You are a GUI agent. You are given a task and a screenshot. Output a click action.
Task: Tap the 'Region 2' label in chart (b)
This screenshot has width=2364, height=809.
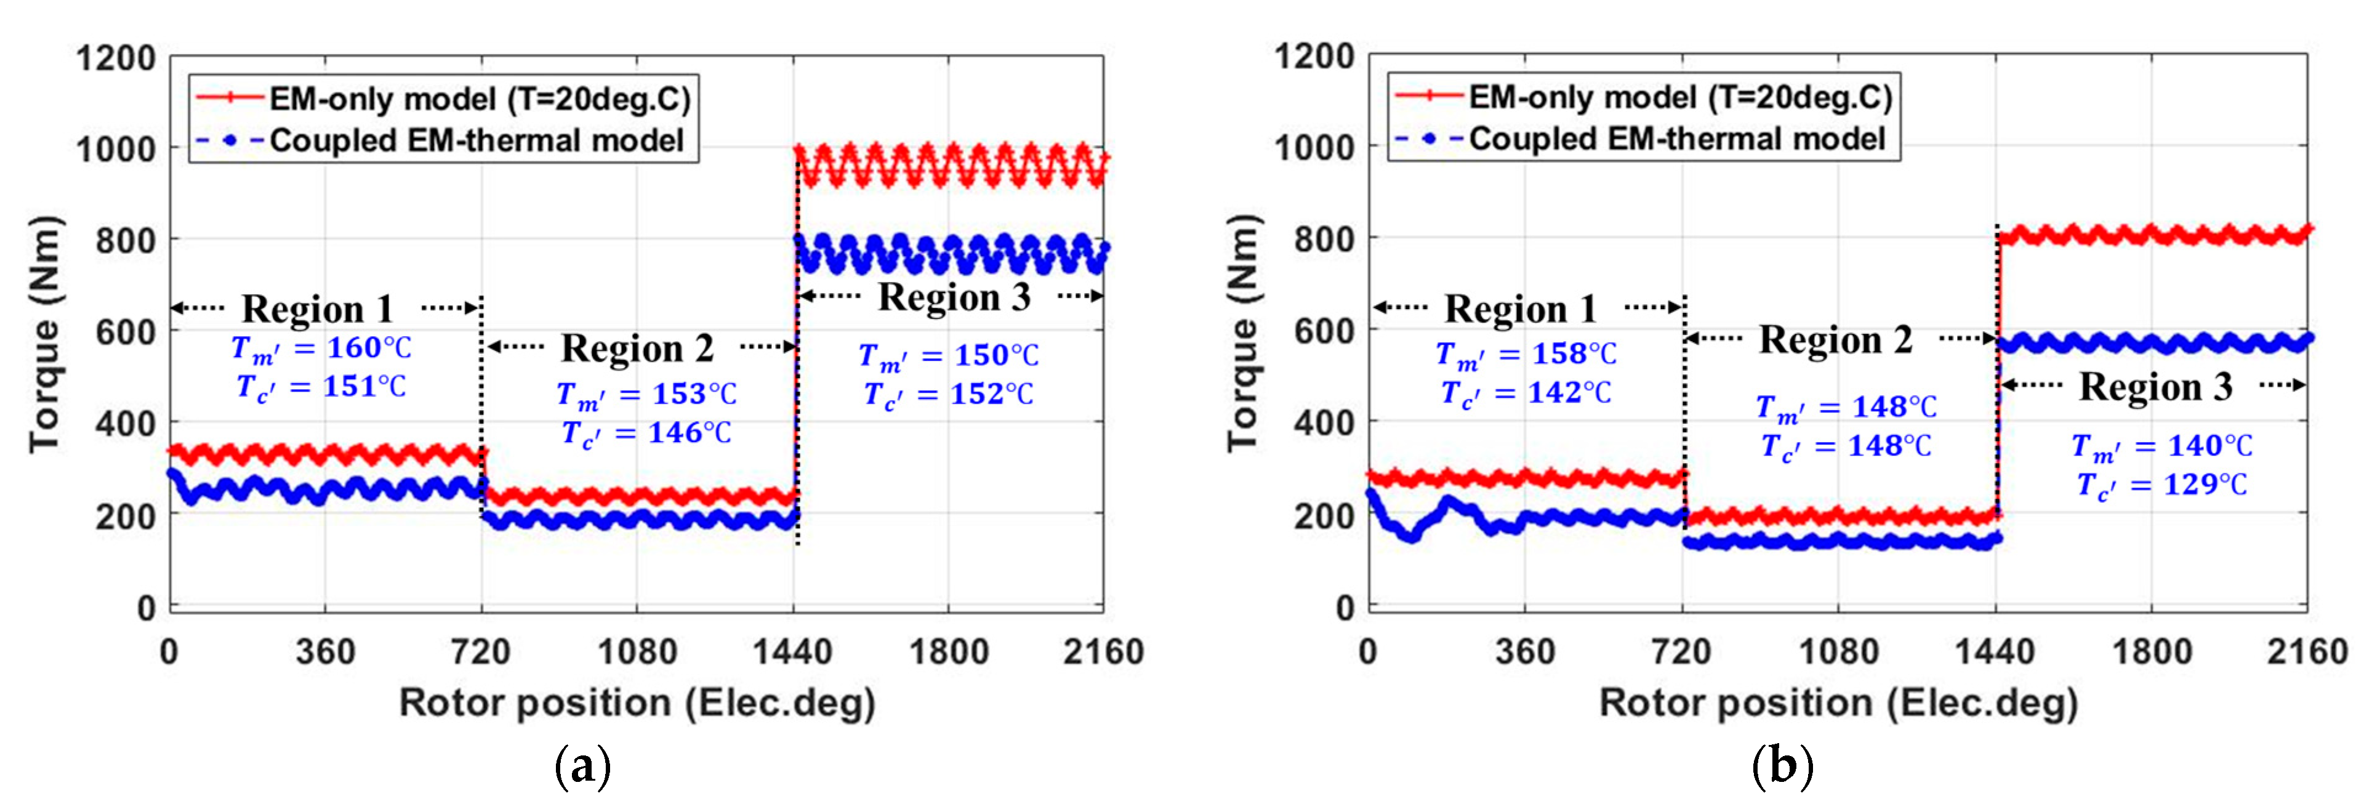[x=1835, y=340]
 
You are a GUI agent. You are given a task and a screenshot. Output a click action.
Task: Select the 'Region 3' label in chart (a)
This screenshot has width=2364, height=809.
[x=954, y=297]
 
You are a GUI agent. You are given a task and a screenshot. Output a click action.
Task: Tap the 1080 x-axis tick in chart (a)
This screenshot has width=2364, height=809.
[x=637, y=653]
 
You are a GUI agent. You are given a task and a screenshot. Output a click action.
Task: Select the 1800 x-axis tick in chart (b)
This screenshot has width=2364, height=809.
[x=2152, y=653]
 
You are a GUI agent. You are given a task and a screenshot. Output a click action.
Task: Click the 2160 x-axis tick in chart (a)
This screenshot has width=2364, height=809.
[x=1103, y=653]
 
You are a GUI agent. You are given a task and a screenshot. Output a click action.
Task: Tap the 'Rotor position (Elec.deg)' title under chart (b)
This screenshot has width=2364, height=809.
[x=1838, y=703]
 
